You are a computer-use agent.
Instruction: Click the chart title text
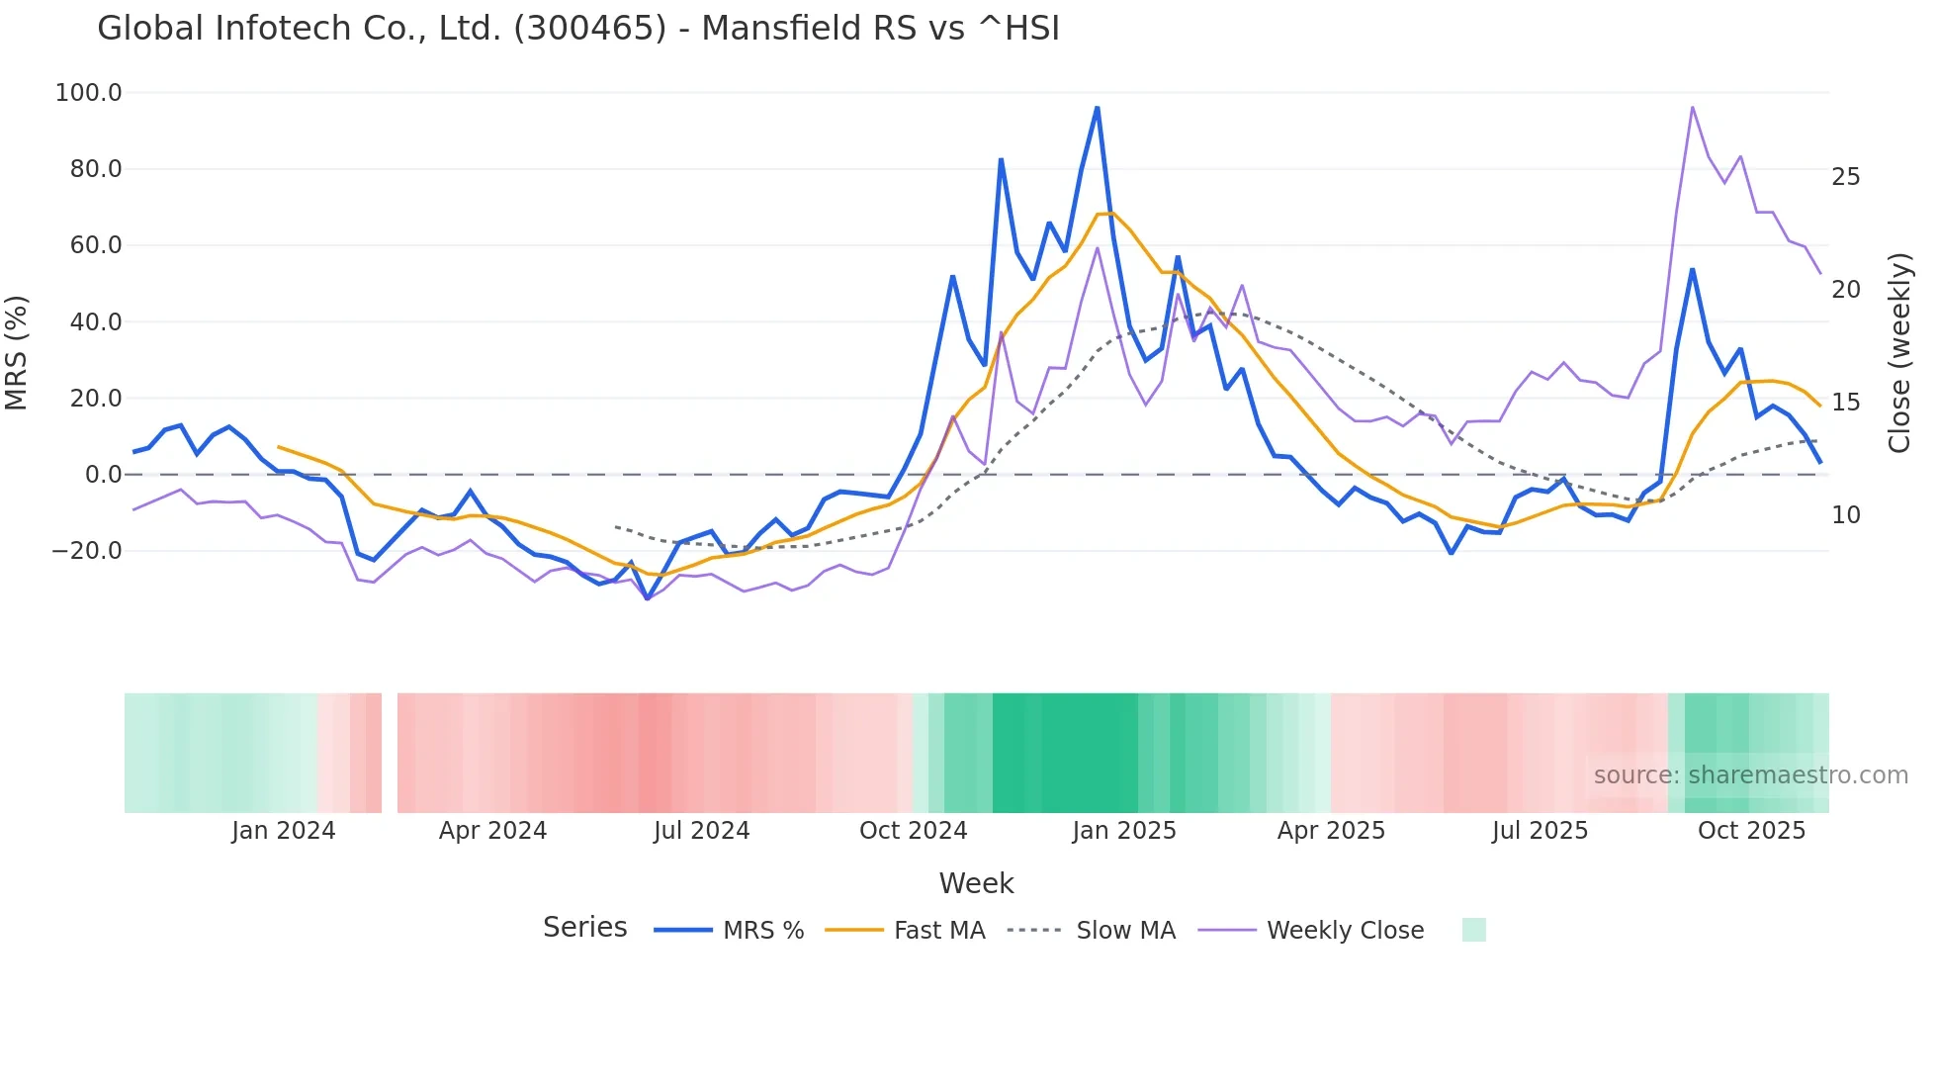point(578,28)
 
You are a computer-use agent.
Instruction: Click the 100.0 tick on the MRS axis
point(89,93)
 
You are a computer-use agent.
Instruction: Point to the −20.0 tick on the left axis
point(87,551)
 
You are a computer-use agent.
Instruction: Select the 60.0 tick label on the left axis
point(96,245)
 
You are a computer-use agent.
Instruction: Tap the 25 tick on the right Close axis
point(1846,177)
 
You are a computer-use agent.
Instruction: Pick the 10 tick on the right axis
point(1846,515)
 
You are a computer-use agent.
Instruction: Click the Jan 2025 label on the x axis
point(1124,831)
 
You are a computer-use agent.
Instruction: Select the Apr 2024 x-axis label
point(492,831)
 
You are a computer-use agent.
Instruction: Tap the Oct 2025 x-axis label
point(1751,831)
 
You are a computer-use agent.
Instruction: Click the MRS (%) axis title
point(17,352)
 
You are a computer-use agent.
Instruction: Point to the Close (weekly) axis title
point(1899,352)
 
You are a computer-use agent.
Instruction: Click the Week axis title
point(976,883)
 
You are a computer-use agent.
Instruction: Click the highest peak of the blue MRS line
point(1098,108)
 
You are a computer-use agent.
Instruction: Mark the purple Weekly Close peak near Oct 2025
point(1693,107)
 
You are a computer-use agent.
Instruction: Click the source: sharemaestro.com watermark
point(1750,775)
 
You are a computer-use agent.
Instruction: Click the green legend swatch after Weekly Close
point(1473,930)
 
